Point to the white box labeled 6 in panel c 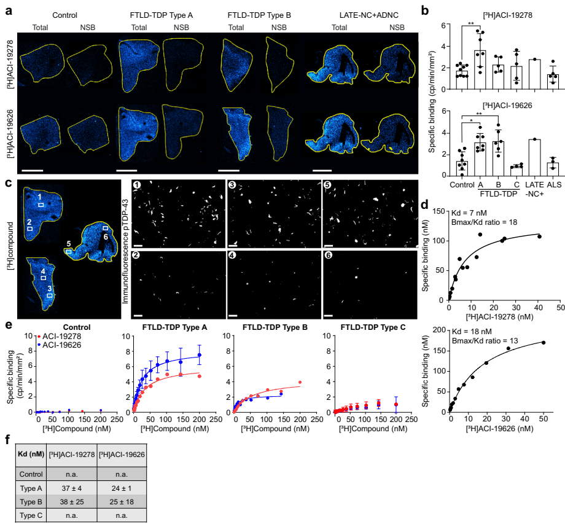tap(105, 229)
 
